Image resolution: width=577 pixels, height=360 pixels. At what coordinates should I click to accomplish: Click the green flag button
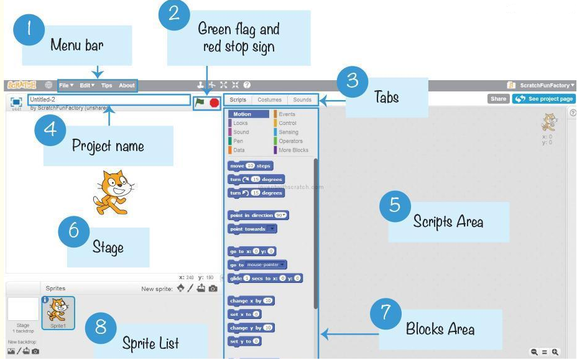pyautogui.click(x=200, y=103)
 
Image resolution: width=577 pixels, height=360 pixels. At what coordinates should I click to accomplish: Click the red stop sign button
pyautogui.click(x=215, y=103)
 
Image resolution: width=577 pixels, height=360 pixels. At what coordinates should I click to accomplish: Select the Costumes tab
pyautogui.click(x=270, y=99)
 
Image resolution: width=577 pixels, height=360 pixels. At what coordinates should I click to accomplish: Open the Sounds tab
pyautogui.click(x=302, y=99)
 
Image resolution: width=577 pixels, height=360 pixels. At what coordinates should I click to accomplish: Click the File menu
pyautogui.click(x=66, y=85)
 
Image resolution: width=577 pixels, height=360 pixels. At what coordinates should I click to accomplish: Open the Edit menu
pyautogui.click(x=87, y=85)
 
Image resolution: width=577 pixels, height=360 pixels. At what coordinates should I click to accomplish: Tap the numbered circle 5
pyautogui.click(x=395, y=205)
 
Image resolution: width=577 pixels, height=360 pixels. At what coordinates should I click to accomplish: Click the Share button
pyautogui.click(x=498, y=99)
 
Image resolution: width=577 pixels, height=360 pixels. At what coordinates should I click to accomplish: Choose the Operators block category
pyautogui.click(x=290, y=141)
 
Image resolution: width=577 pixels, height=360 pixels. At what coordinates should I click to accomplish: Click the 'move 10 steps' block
pyautogui.click(x=250, y=166)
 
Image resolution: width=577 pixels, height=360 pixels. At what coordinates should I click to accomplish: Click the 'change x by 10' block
pyautogui.click(x=251, y=301)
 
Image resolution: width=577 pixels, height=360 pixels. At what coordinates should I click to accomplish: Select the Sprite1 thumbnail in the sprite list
pyautogui.click(x=58, y=313)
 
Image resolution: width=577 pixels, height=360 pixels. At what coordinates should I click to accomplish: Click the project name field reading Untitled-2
pyautogui.click(x=108, y=99)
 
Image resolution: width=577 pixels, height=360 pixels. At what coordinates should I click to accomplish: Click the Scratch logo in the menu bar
pyautogui.click(x=21, y=85)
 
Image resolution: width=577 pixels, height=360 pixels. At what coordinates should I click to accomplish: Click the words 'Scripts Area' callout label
pyautogui.click(x=448, y=221)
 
